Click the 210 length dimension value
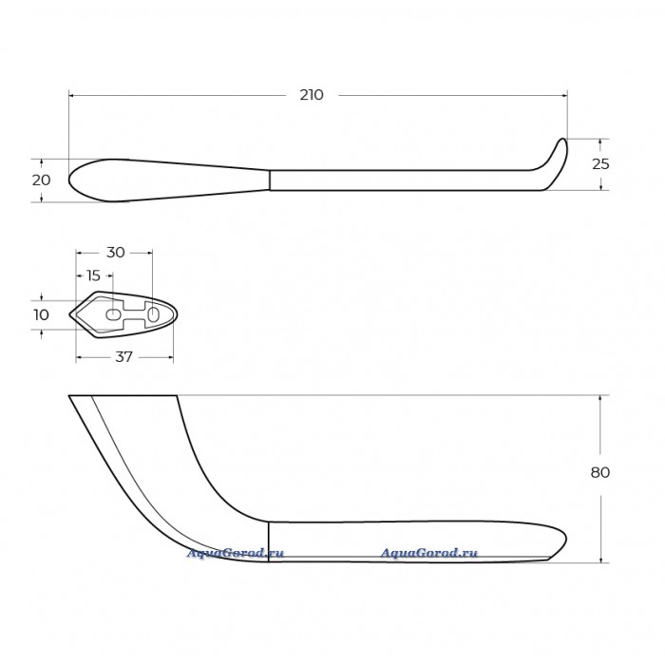pos(312,95)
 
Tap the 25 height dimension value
pos(600,164)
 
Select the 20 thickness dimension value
pos(41,180)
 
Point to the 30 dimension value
pos(115,253)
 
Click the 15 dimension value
pos(93,275)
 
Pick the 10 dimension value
pos(41,314)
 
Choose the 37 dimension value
pos(123,357)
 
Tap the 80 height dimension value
pos(600,472)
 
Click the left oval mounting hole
pos(113,314)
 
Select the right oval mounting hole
pos(154,314)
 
